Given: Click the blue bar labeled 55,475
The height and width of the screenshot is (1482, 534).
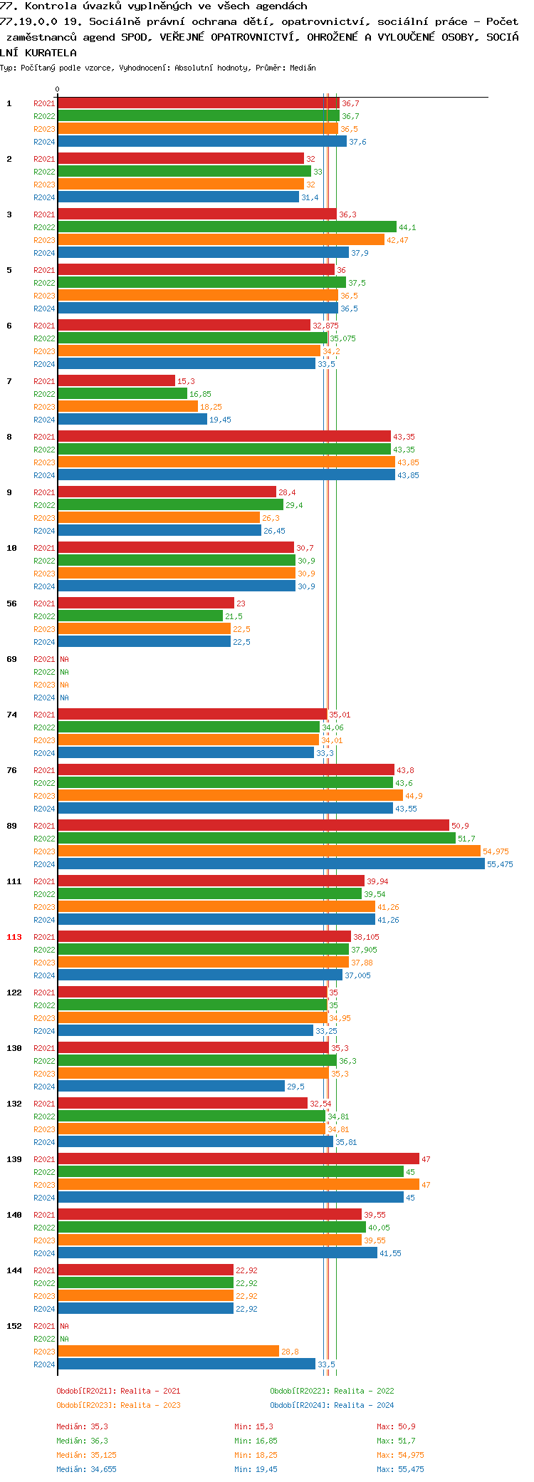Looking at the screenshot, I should [x=271, y=864].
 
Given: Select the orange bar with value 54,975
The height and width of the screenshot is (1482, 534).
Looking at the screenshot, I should [x=269, y=851].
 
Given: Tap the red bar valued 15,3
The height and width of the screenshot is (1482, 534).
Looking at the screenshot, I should [x=116, y=380].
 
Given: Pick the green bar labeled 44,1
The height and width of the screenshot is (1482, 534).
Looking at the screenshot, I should [x=226, y=227].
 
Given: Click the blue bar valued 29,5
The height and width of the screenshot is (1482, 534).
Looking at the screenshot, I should [x=171, y=1086].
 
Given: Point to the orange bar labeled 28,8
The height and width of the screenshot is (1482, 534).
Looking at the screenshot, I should [x=168, y=1351].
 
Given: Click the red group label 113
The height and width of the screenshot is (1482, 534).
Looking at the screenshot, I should [x=14, y=937].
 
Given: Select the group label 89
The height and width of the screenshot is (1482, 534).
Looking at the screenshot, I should [x=12, y=826].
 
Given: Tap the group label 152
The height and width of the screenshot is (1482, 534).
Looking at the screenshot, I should [x=14, y=1326].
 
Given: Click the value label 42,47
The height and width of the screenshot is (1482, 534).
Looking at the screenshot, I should [x=397, y=240].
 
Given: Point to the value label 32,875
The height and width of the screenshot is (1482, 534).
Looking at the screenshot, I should [x=325, y=326].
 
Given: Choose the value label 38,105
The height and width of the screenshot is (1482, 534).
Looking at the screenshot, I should [x=367, y=937].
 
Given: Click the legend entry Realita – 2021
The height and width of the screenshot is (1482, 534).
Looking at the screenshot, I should [x=118, y=1391].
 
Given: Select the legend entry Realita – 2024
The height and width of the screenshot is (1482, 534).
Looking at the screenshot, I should [x=332, y=1405].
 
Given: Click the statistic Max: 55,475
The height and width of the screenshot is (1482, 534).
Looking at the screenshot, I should [x=400, y=1469].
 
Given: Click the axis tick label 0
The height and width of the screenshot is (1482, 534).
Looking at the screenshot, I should [x=58, y=90].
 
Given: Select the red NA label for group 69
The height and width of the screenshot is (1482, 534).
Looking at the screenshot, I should [x=65, y=659].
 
